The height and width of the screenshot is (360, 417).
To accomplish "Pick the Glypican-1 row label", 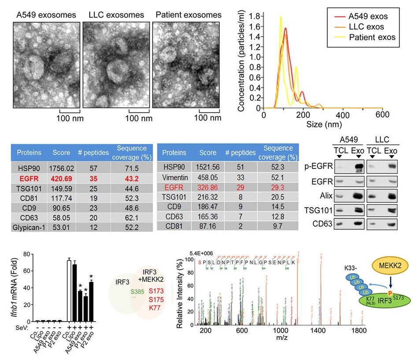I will click(x=29, y=227).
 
